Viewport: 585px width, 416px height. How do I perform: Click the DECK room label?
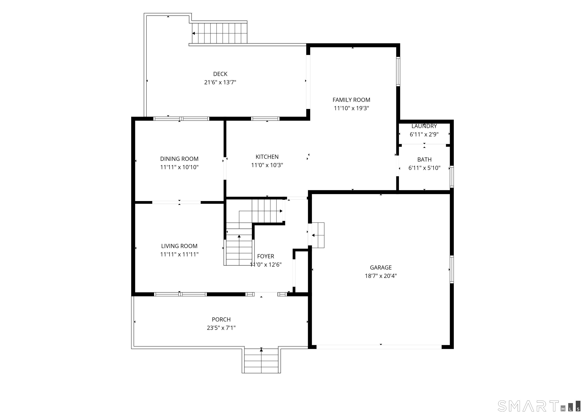click(x=220, y=74)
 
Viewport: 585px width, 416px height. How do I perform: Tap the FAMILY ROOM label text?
click(x=351, y=100)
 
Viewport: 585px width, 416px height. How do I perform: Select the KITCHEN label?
click(x=267, y=157)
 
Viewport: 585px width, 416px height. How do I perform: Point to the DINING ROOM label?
click(x=179, y=159)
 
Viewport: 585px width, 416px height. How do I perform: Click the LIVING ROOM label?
click(x=179, y=246)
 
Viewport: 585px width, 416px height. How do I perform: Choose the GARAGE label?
click(x=381, y=268)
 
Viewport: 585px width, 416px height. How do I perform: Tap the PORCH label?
click(x=221, y=320)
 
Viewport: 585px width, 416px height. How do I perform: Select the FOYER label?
click(x=266, y=256)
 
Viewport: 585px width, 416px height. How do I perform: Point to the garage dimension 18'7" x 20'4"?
click(x=381, y=276)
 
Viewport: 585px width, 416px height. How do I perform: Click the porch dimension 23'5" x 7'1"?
click(x=221, y=328)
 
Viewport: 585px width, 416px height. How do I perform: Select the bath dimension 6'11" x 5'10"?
click(x=424, y=168)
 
